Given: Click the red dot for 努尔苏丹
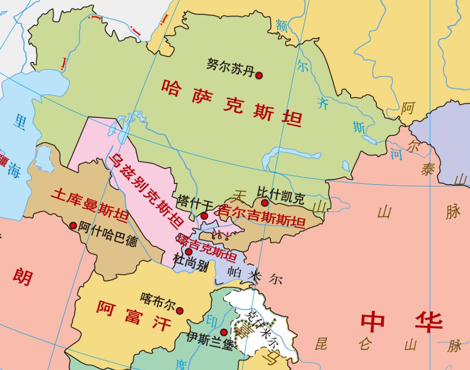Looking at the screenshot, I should coord(259,75).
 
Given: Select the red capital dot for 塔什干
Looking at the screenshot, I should coord(204,216).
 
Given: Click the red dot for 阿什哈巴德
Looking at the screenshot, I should coord(73,226).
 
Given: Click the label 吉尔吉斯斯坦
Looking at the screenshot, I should coord(260,215).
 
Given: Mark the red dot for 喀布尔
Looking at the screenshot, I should coord(179,311).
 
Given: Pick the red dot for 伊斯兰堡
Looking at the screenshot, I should coord(224,332).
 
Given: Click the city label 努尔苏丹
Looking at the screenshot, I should coord(231,67).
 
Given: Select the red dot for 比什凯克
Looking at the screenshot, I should coord(265,203).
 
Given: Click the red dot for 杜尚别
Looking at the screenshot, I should coord(189,252).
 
